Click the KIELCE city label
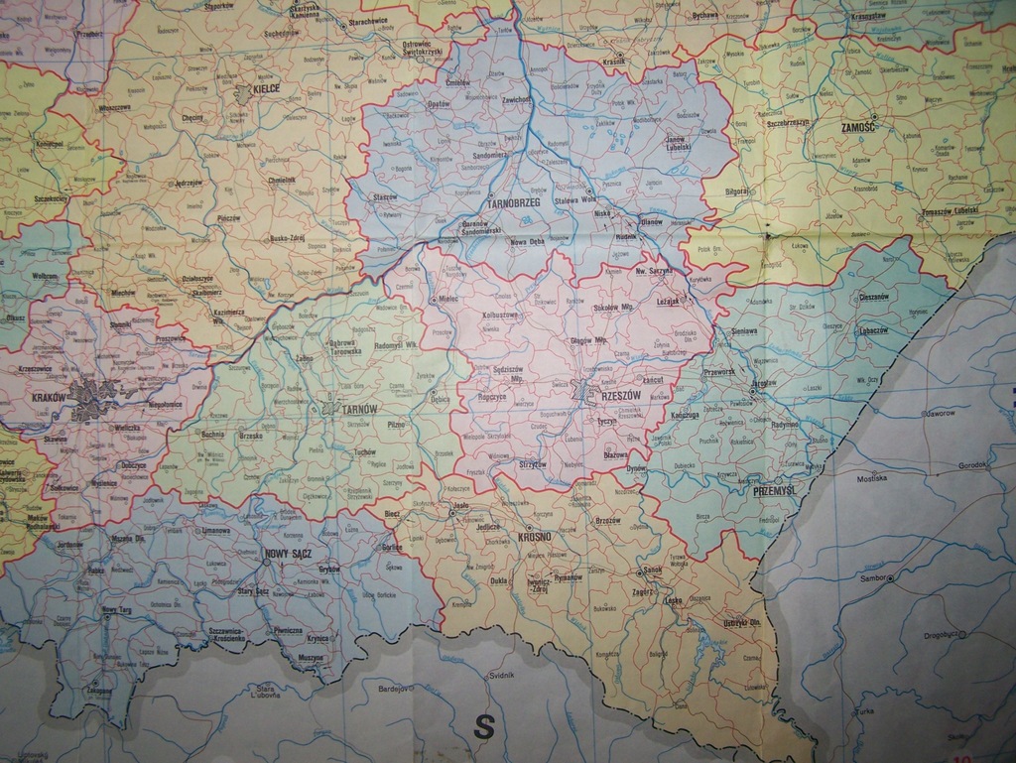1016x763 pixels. tap(265, 88)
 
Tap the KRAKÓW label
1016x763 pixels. tap(49, 397)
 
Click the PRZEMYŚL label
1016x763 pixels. tap(776, 490)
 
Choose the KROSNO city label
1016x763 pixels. tap(535, 538)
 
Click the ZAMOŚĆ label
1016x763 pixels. tap(858, 128)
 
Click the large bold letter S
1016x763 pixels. tap(483, 727)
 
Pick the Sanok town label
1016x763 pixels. tap(653, 571)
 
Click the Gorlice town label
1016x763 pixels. tap(393, 547)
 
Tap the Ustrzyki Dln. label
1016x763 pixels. tap(741, 623)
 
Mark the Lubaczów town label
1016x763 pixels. tap(873, 330)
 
